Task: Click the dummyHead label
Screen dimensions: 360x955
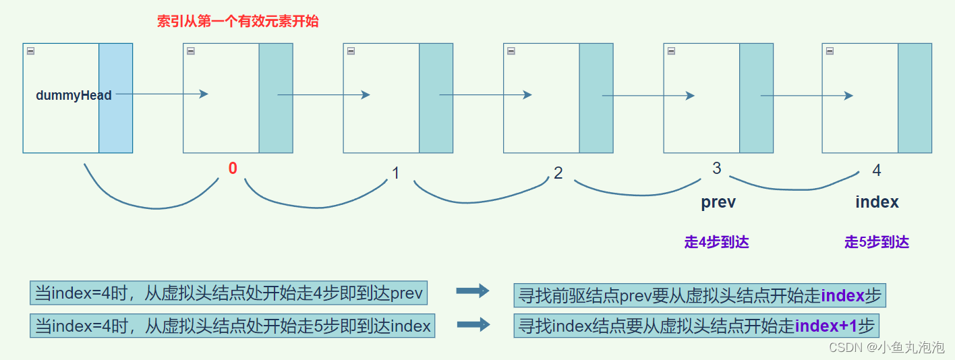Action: (x=74, y=96)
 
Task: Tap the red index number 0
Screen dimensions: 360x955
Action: (x=233, y=169)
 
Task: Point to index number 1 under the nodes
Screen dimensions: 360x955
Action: (x=396, y=173)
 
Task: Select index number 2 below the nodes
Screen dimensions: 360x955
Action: (x=558, y=173)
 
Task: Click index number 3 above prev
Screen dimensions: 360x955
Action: (x=717, y=169)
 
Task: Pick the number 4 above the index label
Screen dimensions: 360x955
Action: (x=877, y=171)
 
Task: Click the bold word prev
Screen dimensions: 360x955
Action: (x=718, y=202)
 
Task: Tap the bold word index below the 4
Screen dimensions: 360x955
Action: (x=877, y=202)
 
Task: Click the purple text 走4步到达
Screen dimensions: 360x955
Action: (x=716, y=243)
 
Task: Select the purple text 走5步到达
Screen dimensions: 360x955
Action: (x=877, y=243)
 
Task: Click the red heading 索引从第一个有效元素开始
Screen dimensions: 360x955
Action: (x=237, y=22)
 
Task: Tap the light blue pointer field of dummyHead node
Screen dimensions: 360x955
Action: (x=115, y=98)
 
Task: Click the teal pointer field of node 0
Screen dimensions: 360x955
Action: (x=276, y=98)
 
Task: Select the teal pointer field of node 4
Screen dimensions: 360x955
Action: (x=915, y=98)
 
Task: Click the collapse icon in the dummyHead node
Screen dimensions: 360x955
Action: (x=30, y=51)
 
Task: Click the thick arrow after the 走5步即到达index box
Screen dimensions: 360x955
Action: (x=473, y=325)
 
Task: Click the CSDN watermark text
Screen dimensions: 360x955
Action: (x=886, y=347)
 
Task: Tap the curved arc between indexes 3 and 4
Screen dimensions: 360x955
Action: (x=792, y=188)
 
